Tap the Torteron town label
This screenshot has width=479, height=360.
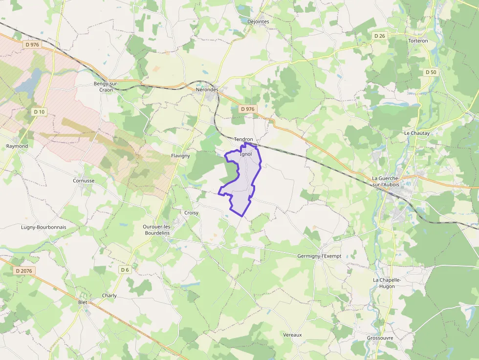[418, 41]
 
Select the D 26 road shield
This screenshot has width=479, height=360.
[380, 36]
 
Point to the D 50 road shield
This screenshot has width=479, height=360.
[431, 72]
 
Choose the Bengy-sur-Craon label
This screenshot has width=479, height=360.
[106, 86]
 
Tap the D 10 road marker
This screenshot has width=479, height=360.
[39, 112]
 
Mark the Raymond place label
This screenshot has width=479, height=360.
[17, 146]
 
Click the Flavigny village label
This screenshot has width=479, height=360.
[180, 155]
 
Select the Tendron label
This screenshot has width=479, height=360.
[243, 139]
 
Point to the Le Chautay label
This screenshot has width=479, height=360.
[416, 133]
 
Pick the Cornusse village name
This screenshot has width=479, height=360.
[84, 180]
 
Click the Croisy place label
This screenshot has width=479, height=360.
[192, 213]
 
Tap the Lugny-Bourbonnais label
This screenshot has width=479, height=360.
[44, 227]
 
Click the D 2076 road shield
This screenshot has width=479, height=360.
[23, 271]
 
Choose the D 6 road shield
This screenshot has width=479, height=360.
[125, 270]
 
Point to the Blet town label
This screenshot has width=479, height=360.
[83, 302]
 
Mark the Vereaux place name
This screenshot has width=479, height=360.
[292, 335]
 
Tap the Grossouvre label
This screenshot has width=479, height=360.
[380, 338]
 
